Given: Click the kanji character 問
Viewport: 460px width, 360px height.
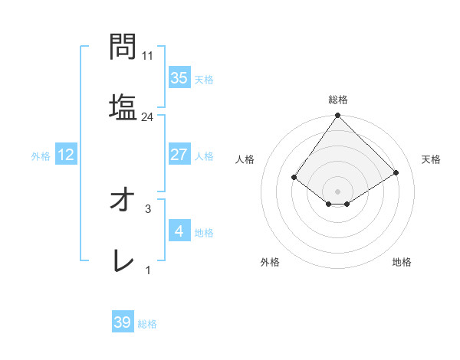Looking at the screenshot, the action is click(123, 47).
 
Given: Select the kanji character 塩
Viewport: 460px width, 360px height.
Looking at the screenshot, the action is click(123, 106).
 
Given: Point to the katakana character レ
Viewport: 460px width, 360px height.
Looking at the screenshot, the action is click(123, 262).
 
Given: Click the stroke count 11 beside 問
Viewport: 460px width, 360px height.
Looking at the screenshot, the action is click(148, 56).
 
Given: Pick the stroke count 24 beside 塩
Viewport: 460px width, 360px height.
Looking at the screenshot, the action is click(148, 116).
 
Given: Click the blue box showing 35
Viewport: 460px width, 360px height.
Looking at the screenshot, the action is click(179, 77).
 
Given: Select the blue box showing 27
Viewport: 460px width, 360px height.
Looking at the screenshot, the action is click(179, 155).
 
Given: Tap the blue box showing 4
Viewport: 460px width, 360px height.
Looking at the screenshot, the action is click(179, 231).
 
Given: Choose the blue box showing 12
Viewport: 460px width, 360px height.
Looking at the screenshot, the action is click(66, 155).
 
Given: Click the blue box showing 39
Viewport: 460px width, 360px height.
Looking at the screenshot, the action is click(123, 322).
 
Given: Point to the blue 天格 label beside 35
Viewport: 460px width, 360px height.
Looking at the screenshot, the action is click(203, 79).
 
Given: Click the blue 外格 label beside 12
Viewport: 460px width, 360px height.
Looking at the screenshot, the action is click(41, 156).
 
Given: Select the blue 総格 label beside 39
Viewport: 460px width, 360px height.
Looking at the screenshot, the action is click(147, 324).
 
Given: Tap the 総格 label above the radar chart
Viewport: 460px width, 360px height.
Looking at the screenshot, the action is click(338, 100).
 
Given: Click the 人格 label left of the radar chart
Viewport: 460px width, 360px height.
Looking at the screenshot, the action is click(245, 159).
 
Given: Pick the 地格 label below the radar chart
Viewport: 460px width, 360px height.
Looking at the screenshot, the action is click(402, 262).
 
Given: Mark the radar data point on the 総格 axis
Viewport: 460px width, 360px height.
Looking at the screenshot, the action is click(338, 116).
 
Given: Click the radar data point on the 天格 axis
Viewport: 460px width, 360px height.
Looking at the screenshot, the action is click(396, 173).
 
